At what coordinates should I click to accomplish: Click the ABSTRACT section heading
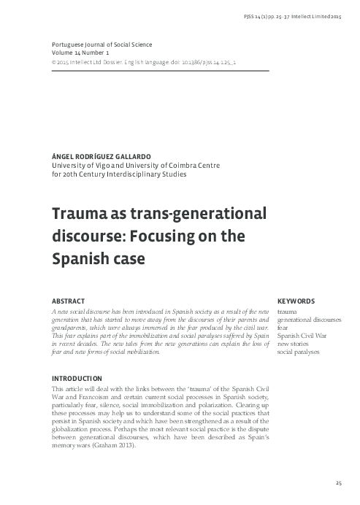coord(69,301)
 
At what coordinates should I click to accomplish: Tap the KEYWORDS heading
coord(296,301)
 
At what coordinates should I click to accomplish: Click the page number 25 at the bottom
coord(338,483)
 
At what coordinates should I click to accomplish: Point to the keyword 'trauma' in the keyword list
coord(287,312)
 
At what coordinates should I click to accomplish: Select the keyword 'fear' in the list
coord(283,328)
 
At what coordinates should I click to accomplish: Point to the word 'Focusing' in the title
coord(162,236)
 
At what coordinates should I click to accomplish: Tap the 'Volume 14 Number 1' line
coord(81,53)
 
